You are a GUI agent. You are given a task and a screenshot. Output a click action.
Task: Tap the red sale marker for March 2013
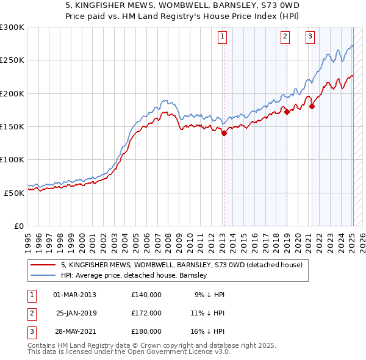pos(224,133)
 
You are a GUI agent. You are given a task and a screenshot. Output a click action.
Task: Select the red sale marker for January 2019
pos(287,112)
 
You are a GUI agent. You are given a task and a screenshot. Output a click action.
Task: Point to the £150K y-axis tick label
pos(12,126)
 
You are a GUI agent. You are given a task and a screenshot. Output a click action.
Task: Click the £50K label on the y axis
pos(15,192)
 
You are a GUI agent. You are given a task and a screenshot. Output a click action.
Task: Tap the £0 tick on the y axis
pos(18,225)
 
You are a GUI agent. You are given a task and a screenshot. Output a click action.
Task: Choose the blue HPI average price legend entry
pos(134,275)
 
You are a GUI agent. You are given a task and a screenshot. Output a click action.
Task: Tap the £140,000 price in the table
pos(146,295)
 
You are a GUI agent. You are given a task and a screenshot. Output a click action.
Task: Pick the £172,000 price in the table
pos(146,313)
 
